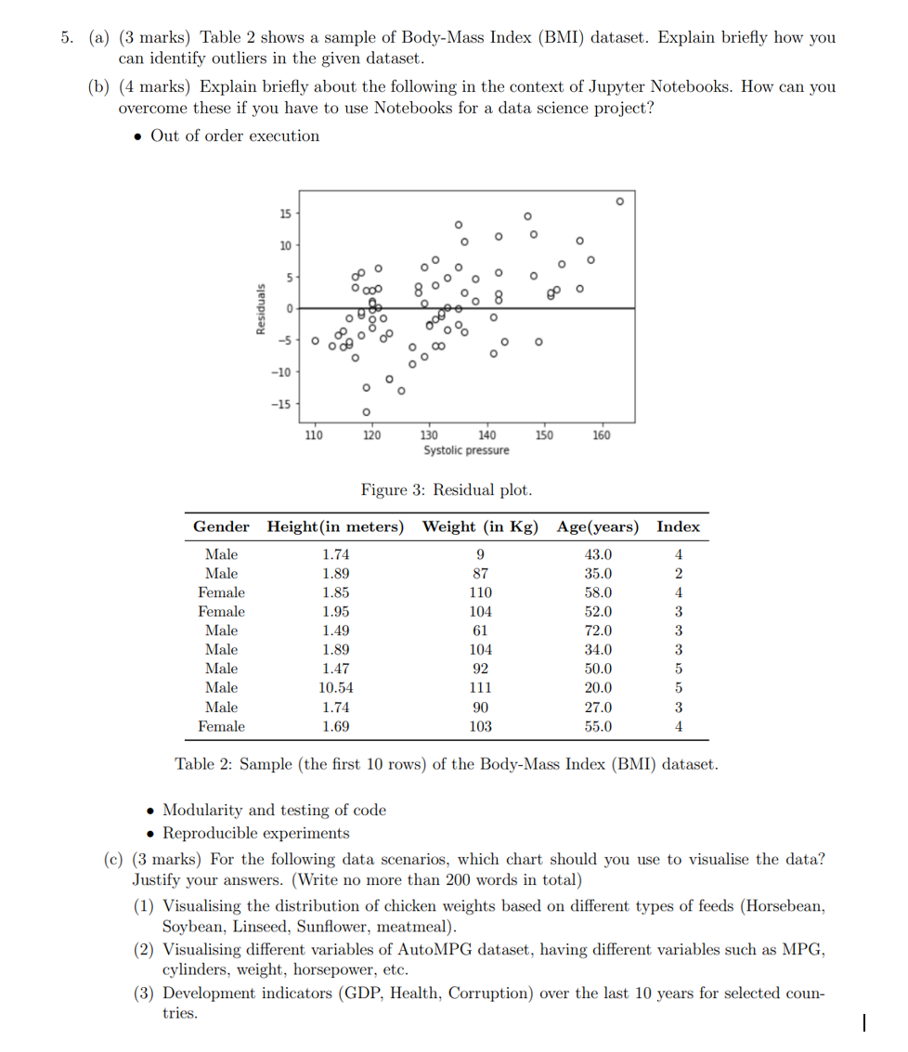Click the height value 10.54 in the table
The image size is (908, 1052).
coord(335,688)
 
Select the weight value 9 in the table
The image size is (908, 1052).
coord(480,554)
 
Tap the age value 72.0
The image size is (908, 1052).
coord(598,630)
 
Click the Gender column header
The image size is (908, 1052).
coord(221,526)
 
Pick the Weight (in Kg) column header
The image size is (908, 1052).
coord(480,526)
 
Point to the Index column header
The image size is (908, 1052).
coord(678,526)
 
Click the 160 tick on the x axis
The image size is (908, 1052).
coord(601,435)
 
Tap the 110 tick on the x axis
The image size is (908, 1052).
coord(314,435)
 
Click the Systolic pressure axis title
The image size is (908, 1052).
coord(466,450)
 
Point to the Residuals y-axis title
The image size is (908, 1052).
coord(263,308)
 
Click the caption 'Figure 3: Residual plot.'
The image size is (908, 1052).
coord(447,489)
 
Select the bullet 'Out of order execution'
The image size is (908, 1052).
coord(234,136)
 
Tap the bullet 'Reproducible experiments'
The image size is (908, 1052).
coord(256,832)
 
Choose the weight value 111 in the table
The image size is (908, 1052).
coord(480,688)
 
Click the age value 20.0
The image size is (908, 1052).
coord(598,688)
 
